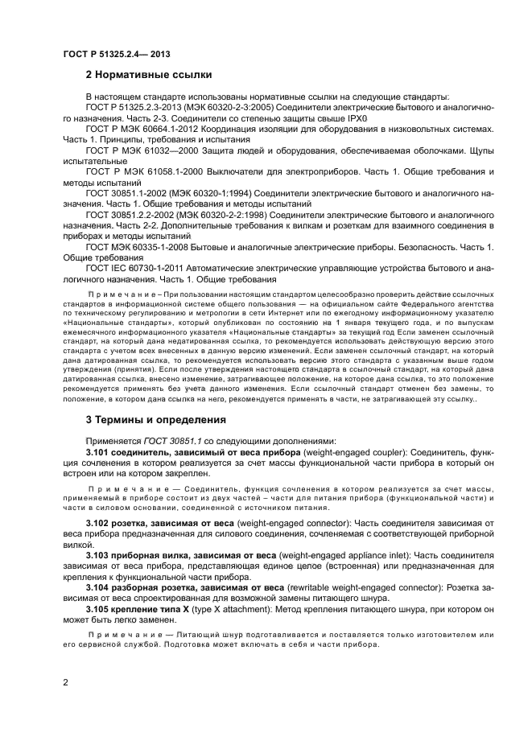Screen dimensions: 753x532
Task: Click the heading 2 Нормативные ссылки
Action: coord(149,76)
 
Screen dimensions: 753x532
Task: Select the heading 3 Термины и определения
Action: coord(151,419)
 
